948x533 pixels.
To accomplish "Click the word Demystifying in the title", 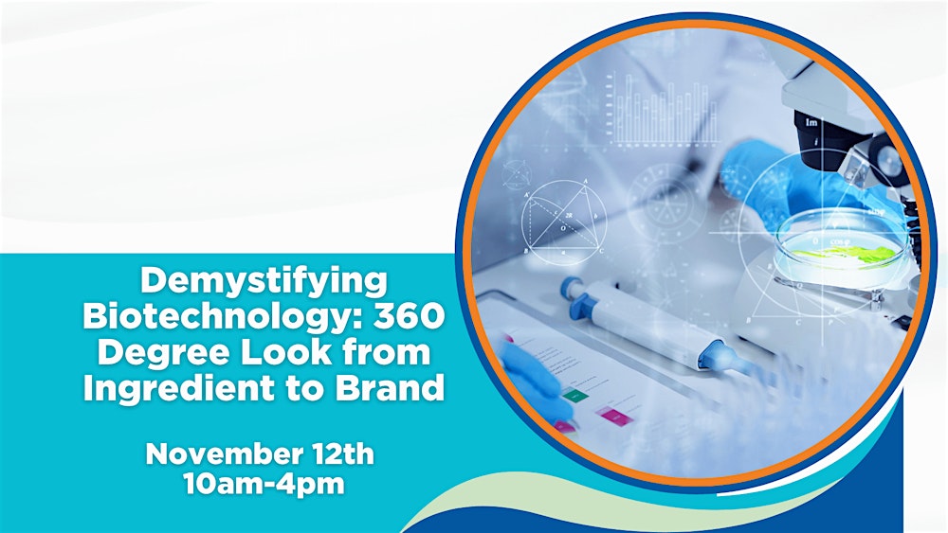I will [264, 281].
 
